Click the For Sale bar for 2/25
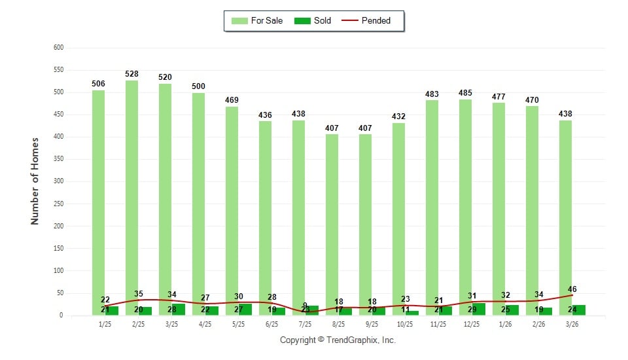(x=131, y=196)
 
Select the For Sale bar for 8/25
(x=332, y=223)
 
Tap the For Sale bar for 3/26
(x=565, y=216)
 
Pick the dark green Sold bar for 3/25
(x=178, y=310)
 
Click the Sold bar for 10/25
(x=412, y=313)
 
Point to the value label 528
(x=131, y=74)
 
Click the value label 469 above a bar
(x=232, y=100)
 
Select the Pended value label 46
(x=572, y=289)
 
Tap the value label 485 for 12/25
(x=465, y=93)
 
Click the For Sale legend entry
(x=257, y=20)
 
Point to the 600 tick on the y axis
(x=58, y=47)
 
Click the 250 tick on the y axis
(x=58, y=204)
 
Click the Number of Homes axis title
(x=35, y=181)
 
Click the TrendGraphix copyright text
(x=338, y=340)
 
